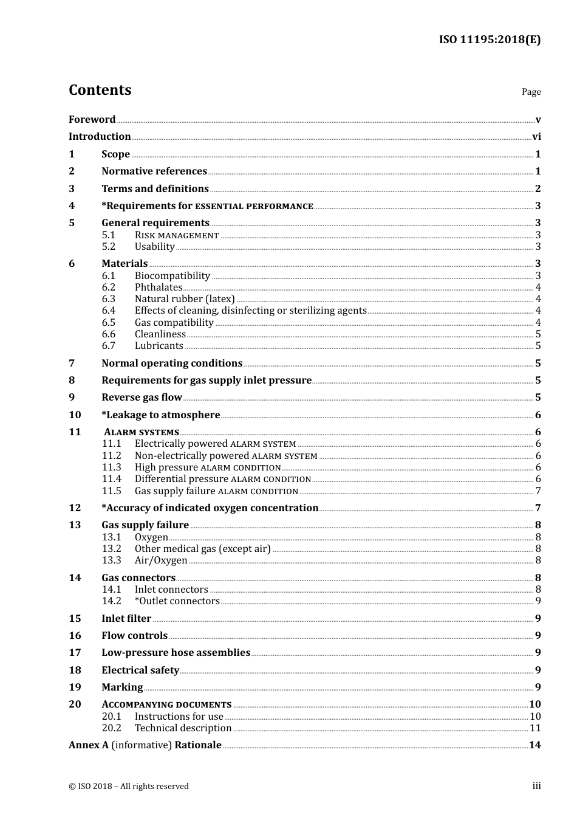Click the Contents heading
pos(100,90)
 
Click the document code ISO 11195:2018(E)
pos(490,40)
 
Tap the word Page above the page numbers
pos(531,92)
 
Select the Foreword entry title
pos(92,119)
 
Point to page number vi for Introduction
pos(536,137)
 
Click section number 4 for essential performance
pos(72,205)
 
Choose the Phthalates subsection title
pos(159,287)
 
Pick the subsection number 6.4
pos(108,311)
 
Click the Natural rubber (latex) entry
pos(185,298)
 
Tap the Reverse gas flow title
pos(142,397)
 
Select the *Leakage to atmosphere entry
pos(161,415)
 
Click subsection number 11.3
pos(111,467)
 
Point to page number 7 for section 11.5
pos(538,491)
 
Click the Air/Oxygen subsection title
pos(161,560)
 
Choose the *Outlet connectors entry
pos(177,601)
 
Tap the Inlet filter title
pos(126,618)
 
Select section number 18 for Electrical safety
pos(75,670)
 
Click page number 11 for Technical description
pos(535,728)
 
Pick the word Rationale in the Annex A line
pos(198,745)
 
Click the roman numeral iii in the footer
pos(536,786)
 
